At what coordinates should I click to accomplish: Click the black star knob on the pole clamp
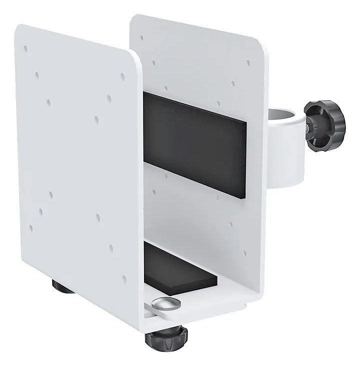(325, 125)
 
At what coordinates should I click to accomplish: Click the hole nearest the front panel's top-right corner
(122, 76)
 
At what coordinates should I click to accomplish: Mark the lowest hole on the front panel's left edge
(31, 227)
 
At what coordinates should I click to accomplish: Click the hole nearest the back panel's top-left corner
(141, 37)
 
